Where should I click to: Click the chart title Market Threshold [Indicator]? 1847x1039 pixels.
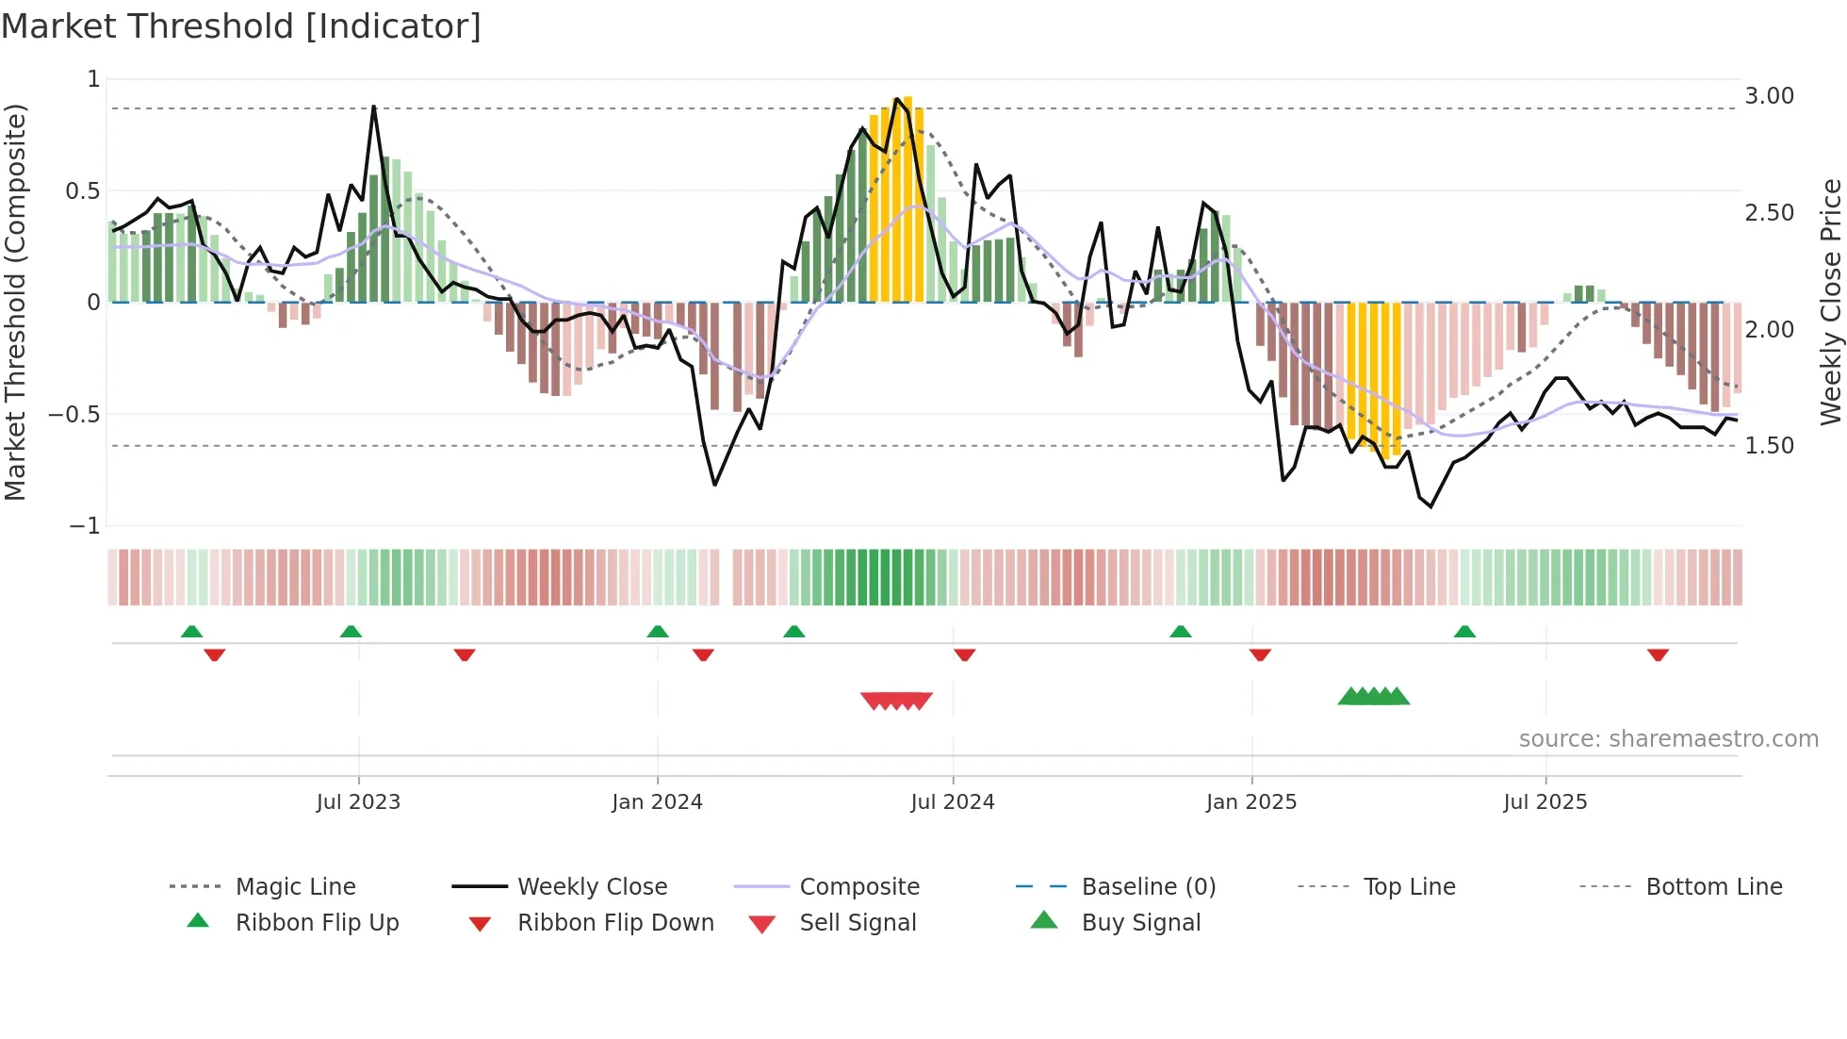[x=241, y=26]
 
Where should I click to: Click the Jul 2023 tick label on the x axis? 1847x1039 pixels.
[x=358, y=802]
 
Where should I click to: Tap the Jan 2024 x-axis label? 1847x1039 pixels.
[x=657, y=802]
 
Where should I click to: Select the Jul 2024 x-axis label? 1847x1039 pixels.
[x=953, y=802]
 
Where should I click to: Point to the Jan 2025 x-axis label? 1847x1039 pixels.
[x=1251, y=802]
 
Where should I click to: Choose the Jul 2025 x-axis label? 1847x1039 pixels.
[x=1545, y=802]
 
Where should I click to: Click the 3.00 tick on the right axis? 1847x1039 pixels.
[x=1769, y=96]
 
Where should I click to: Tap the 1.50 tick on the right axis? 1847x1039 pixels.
[x=1769, y=446]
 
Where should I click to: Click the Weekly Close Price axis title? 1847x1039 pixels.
[x=1830, y=302]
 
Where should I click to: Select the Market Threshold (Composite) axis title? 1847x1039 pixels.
[x=15, y=302]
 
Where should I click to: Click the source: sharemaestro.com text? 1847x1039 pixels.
[x=1668, y=739]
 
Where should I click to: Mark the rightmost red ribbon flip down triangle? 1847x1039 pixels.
[x=1659, y=654]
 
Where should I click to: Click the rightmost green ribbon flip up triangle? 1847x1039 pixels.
[x=1464, y=632]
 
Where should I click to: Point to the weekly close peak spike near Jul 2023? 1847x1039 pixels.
[x=373, y=107]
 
